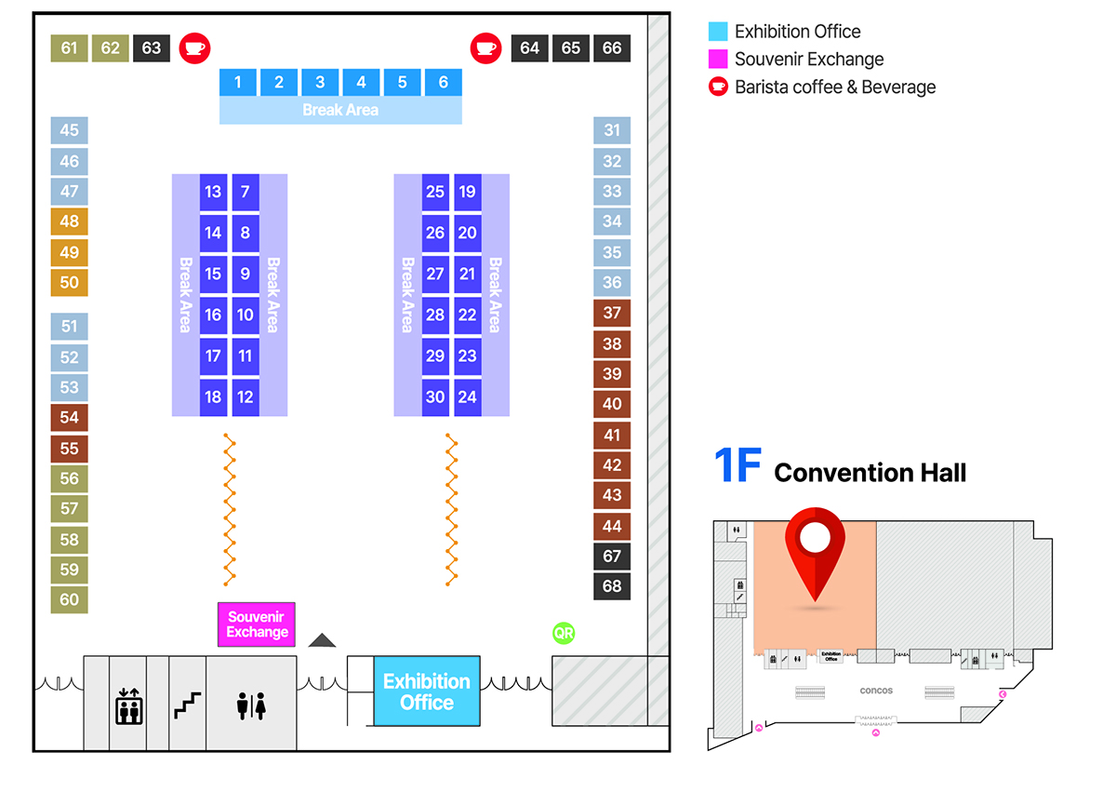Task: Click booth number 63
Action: click(152, 48)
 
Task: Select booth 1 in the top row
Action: click(238, 82)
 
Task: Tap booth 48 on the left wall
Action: click(70, 221)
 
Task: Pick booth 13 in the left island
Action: click(213, 192)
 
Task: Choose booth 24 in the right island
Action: click(468, 396)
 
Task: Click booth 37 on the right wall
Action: click(612, 313)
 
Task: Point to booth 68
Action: click(612, 586)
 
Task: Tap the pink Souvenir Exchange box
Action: click(256, 624)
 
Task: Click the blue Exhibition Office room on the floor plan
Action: click(427, 691)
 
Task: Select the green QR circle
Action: click(564, 634)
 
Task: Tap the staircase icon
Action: click(188, 705)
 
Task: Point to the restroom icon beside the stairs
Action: click(251, 705)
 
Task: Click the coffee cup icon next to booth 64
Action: click(485, 47)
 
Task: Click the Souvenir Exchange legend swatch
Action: click(717, 60)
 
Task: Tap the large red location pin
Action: click(815, 549)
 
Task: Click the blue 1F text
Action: click(738, 466)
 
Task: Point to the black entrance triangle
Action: click(322, 639)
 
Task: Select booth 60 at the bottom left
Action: click(70, 599)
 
